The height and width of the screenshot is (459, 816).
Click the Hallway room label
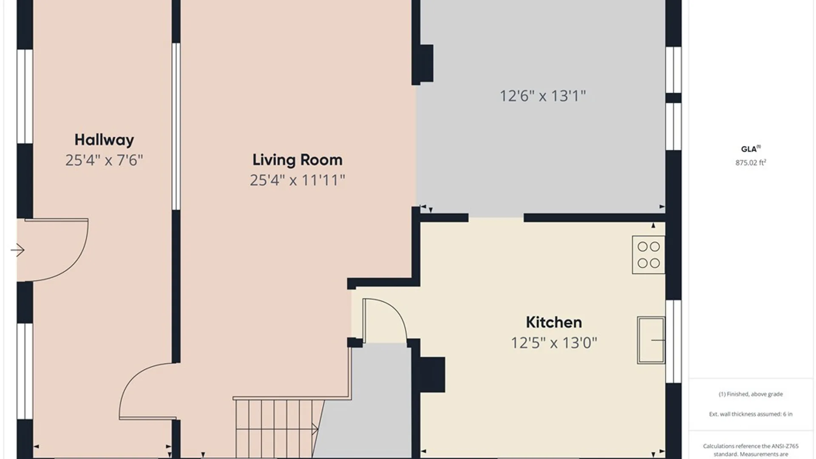[x=104, y=140]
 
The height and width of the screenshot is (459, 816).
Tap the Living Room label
[x=297, y=160]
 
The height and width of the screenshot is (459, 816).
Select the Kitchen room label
[x=554, y=322]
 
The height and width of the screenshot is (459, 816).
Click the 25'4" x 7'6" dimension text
[x=104, y=160]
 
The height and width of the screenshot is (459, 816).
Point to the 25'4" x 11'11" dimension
[x=297, y=180]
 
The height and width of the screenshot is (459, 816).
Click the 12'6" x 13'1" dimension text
[x=543, y=96]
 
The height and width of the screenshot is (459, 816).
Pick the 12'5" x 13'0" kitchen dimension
[x=554, y=343]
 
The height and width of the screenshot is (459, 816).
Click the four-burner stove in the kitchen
[x=649, y=255]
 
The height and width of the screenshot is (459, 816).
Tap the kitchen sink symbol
[x=651, y=340]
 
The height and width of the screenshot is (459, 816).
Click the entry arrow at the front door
[x=17, y=250]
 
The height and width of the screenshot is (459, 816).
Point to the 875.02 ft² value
[x=751, y=162]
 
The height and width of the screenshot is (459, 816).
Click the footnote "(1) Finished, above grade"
[x=751, y=394]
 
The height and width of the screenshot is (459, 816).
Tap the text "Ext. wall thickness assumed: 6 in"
[x=751, y=414]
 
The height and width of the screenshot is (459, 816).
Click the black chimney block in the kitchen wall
[x=433, y=374]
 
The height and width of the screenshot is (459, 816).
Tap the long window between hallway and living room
[x=176, y=126]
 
